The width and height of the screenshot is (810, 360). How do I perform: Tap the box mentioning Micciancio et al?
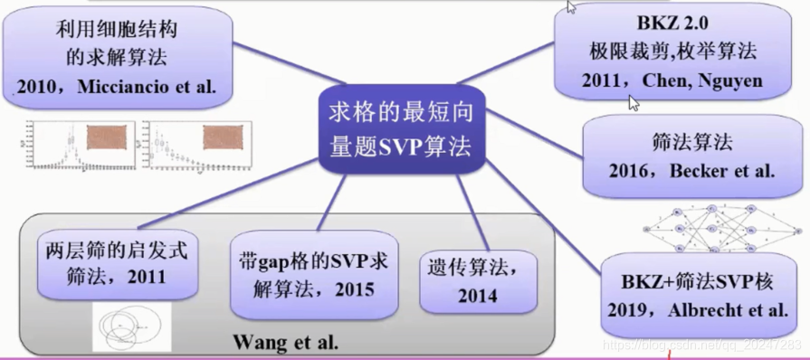tap(117, 59)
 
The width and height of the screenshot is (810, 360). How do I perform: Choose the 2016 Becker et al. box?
tap(692, 156)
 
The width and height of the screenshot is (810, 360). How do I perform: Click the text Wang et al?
tap(286, 342)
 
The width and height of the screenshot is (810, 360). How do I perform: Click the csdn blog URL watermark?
tap(702, 345)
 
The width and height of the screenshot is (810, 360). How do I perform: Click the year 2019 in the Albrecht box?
tap(632, 309)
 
